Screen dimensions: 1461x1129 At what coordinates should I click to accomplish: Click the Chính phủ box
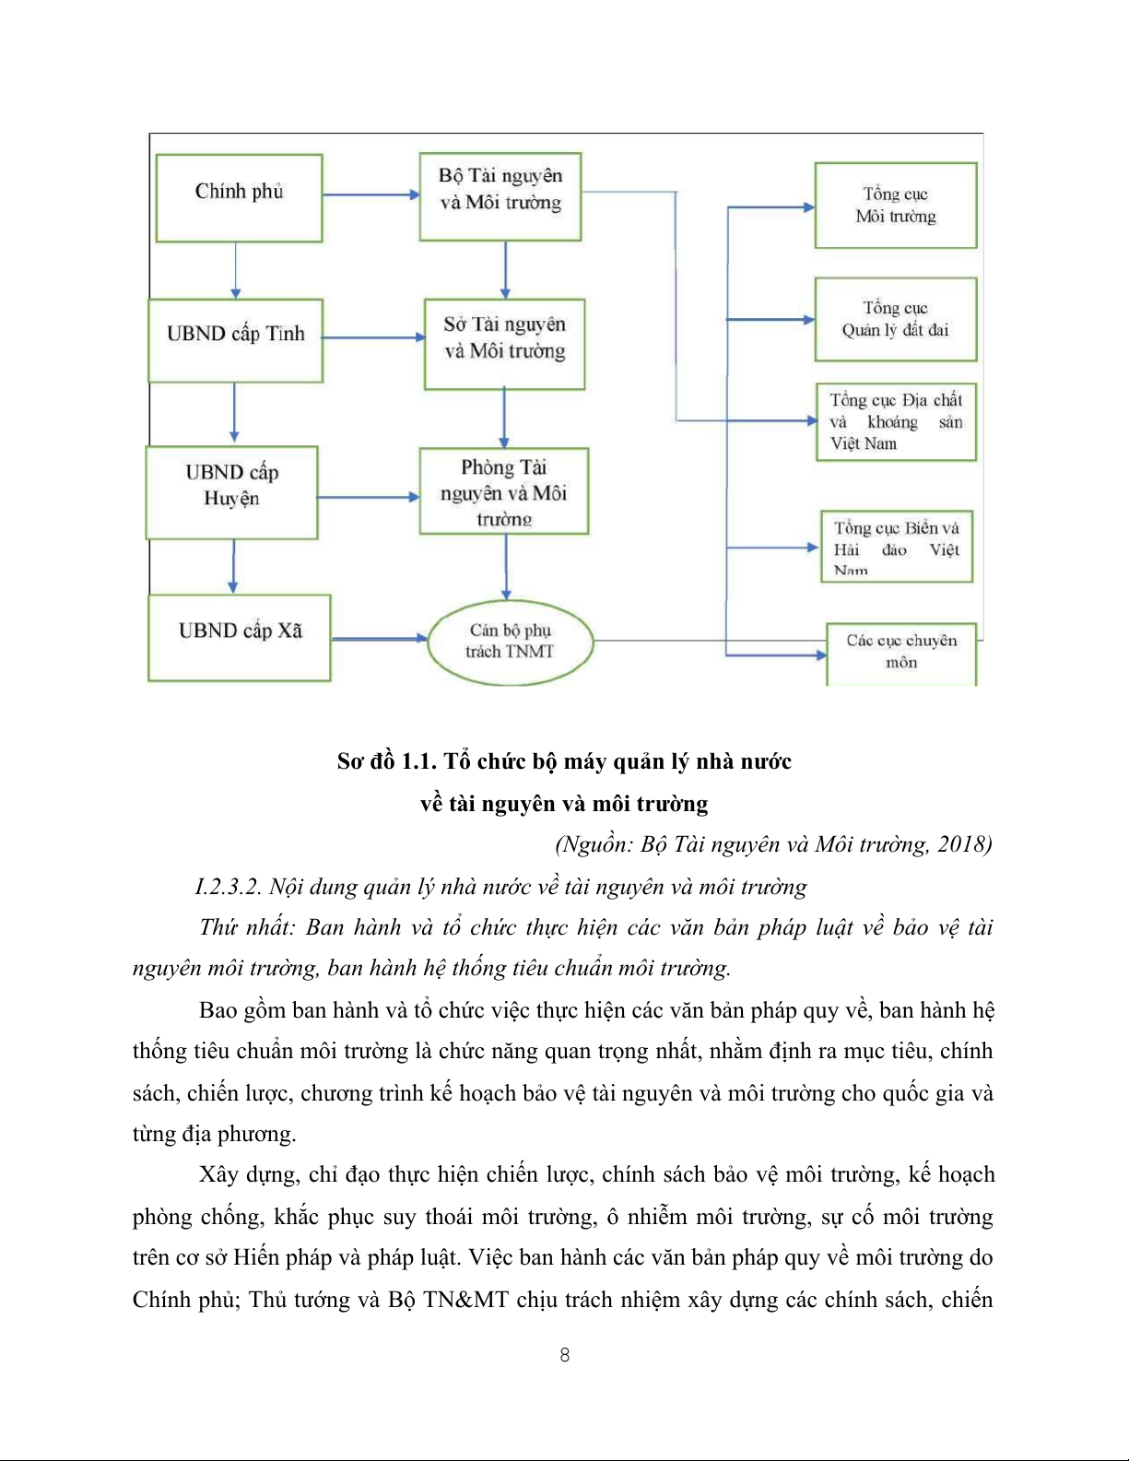(240, 198)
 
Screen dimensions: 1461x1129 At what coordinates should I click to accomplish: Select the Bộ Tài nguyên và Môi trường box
(500, 196)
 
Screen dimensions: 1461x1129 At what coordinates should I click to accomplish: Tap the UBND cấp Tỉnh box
(236, 340)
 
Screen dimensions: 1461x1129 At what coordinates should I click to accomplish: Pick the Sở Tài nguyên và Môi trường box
(504, 344)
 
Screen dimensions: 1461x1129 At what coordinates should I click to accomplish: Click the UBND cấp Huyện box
(232, 492)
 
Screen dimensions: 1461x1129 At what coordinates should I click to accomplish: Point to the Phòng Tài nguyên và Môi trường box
(504, 491)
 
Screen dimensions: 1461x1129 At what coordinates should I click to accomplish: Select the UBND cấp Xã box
(240, 638)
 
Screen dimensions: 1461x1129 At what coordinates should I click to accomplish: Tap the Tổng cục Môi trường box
(896, 206)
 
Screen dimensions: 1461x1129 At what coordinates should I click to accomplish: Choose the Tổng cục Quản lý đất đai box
(896, 319)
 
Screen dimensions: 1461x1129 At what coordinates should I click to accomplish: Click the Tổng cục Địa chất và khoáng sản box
(896, 422)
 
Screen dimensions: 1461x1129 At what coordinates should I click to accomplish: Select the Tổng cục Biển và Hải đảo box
(897, 547)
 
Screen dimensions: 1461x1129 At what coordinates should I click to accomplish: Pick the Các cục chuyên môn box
(901, 654)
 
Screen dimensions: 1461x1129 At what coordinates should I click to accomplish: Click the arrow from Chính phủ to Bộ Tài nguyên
(370, 194)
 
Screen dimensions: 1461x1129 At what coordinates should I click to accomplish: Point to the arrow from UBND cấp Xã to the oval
(379, 638)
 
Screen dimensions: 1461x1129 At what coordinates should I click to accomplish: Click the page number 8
(565, 1355)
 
